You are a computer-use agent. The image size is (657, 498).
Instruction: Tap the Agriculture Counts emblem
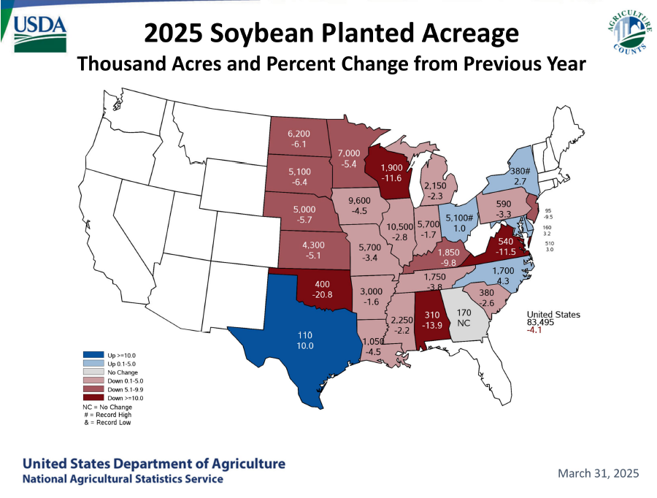pyautogui.click(x=629, y=34)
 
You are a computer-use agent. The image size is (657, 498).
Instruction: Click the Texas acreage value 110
pyautogui.click(x=304, y=335)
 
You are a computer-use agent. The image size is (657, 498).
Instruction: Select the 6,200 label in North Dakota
pyautogui.click(x=299, y=134)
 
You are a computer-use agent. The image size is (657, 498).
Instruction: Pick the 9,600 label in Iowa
pyautogui.click(x=359, y=202)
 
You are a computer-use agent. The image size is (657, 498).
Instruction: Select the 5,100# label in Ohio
pyautogui.click(x=460, y=218)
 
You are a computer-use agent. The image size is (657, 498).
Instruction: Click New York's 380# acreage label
pyautogui.click(x=520, y=172)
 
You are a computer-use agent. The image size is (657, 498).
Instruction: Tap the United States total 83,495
pyautogui.click(x=543, y=323)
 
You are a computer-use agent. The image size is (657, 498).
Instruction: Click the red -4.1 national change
pyautogui.click(x=534, y=331)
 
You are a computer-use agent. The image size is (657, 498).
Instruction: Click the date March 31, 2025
pyautogui.click(x=598, y=473)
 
